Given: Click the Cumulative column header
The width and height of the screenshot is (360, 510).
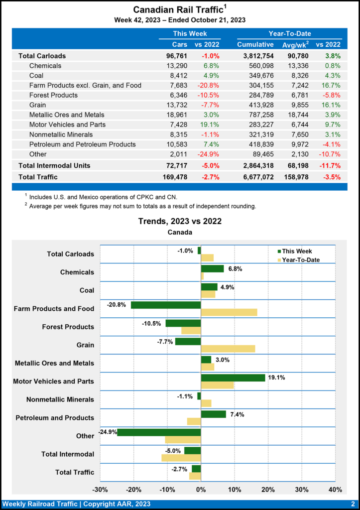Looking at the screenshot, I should click(255, 45).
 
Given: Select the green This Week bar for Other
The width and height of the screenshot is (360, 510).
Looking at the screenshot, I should click(159, 432).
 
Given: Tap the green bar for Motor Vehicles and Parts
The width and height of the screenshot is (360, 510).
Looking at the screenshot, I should click(233, 378).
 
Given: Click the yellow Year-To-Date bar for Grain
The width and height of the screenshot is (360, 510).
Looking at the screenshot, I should click(228, 349).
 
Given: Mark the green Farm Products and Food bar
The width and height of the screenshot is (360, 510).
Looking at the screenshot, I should click(166, 305).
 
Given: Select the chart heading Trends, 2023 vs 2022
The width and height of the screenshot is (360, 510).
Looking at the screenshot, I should click(180, 221).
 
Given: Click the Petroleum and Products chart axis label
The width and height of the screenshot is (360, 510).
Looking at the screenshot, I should click(55, 417).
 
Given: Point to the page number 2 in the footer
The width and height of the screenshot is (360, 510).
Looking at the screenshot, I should click(352, 504).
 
